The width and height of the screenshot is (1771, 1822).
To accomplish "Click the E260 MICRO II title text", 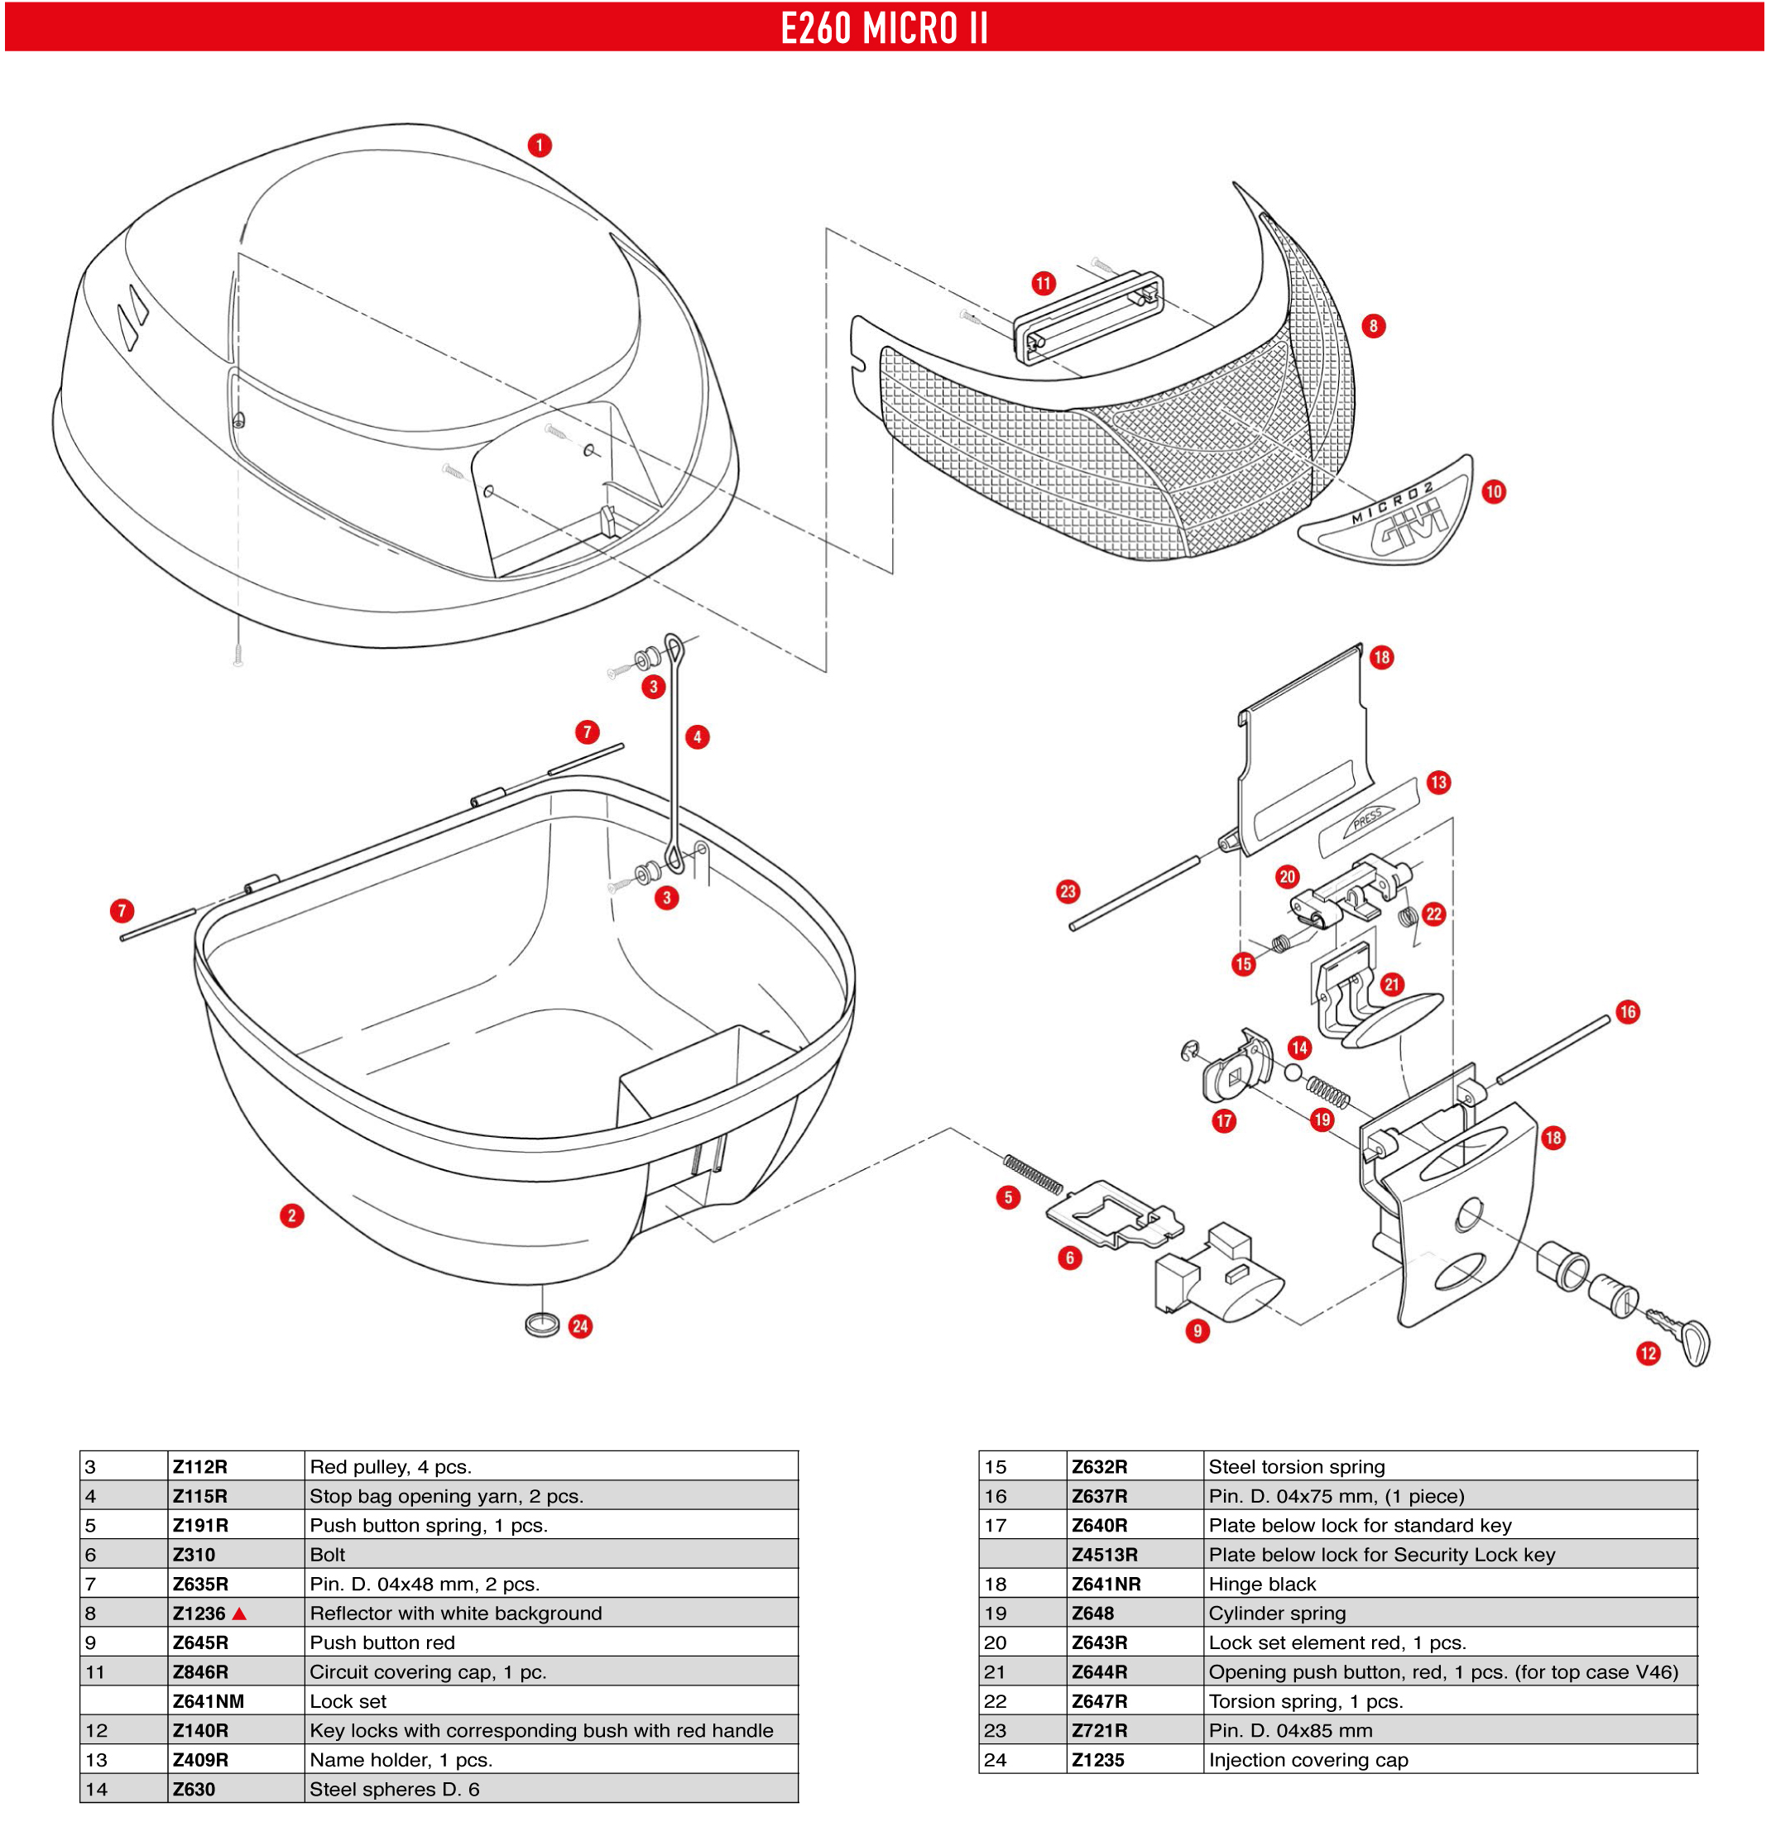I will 884,28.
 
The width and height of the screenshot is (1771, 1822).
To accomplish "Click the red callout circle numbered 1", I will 540,146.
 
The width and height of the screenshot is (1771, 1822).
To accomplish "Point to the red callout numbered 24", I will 580,1326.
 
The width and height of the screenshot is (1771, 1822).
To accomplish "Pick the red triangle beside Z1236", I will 239,1613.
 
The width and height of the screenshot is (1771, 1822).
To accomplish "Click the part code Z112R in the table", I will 200,1467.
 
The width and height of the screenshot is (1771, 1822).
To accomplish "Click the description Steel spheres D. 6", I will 395,1790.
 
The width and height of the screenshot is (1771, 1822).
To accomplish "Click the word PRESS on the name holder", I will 1367,819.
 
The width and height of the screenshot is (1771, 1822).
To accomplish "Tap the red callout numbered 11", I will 1044,284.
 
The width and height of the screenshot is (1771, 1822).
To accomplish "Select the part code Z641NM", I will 209,1701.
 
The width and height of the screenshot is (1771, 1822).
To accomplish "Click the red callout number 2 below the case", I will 292,1215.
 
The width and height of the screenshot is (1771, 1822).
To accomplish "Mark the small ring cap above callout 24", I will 541,1324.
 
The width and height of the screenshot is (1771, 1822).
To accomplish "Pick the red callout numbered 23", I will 1068,892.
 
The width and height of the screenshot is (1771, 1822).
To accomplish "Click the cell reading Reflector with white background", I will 456,1613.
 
